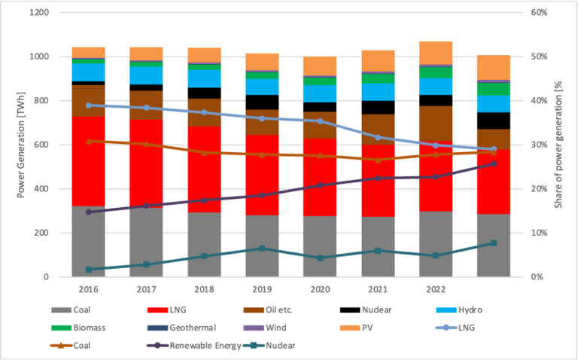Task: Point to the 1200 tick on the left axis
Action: point(38,13)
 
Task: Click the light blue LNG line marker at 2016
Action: point(89,105)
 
